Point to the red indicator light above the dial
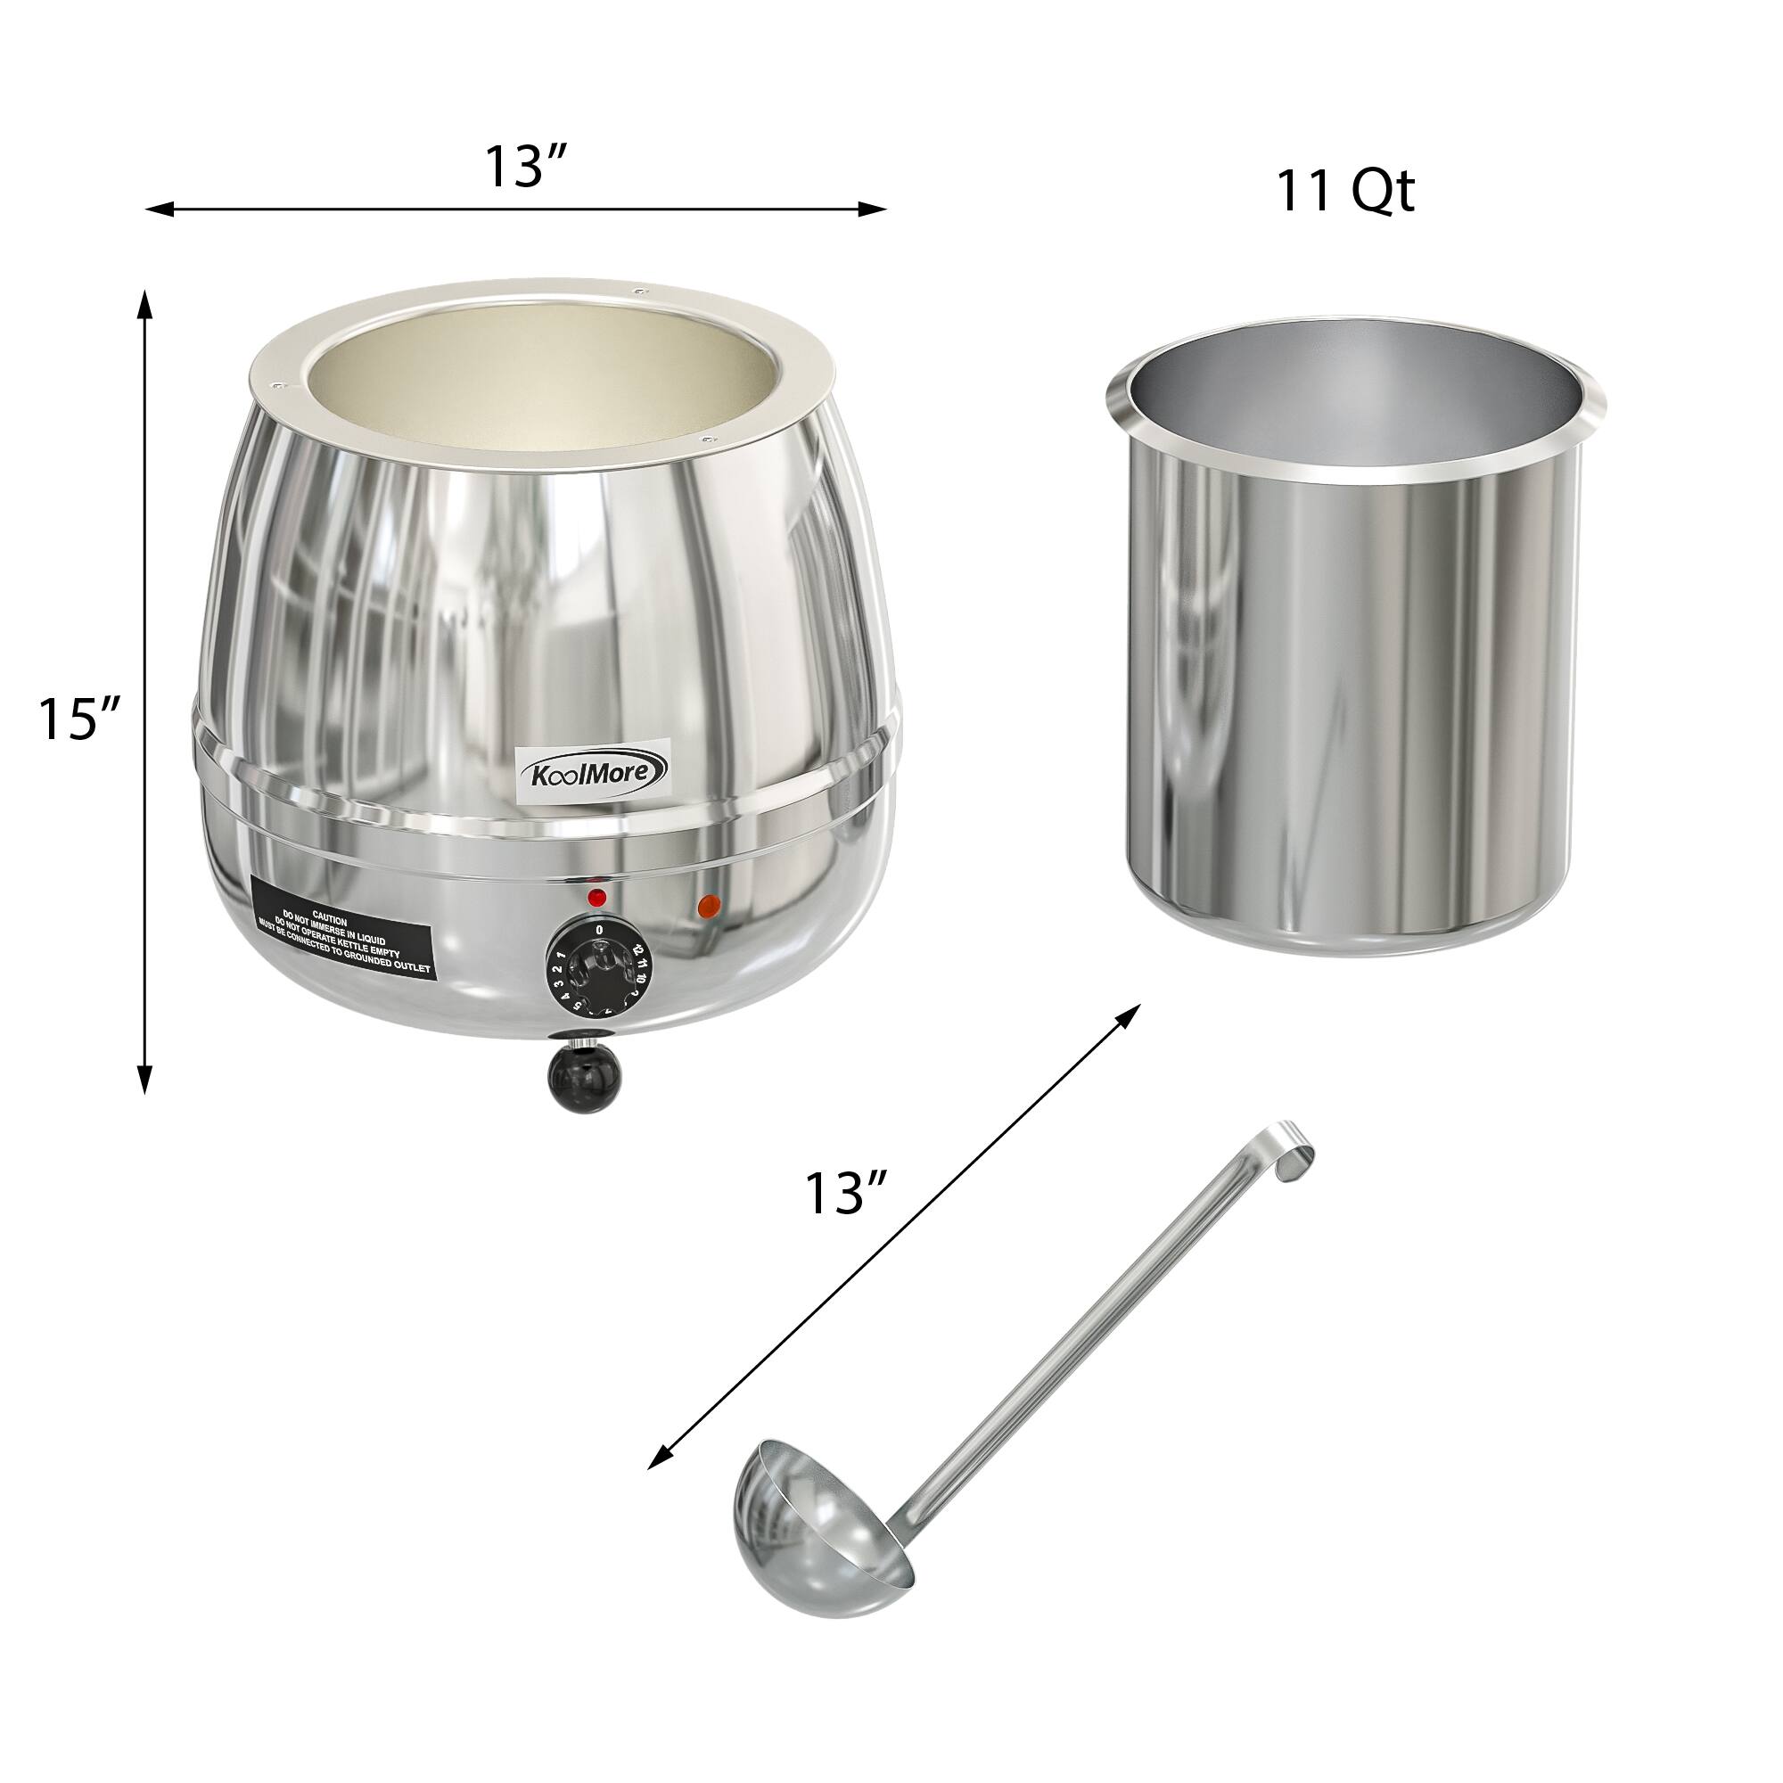pos(597,897)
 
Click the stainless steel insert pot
pos(1354,646)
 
